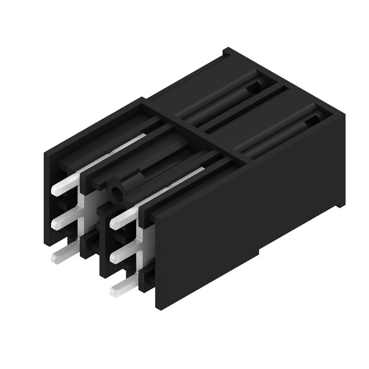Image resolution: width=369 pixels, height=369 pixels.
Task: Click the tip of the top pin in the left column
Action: click(x=56, y=189)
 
